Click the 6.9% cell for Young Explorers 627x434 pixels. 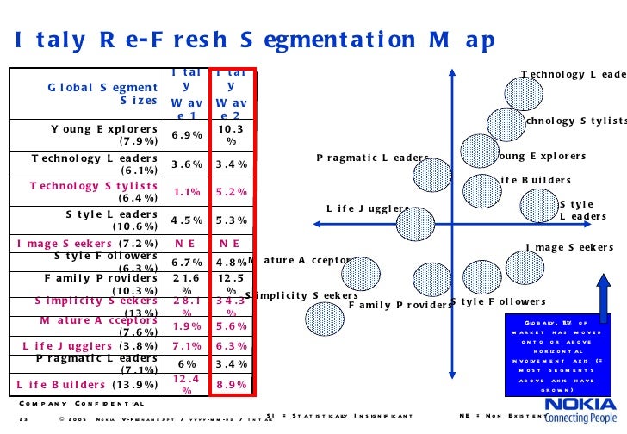pyautogui.click(x=187, y=135)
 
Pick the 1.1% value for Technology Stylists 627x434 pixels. pyautogui.click(x=187, y=192)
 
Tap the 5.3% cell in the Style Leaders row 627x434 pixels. pyautogui.click(x=232, y=220)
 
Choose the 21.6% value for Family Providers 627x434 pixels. pyautogui.click(x=187, y=285)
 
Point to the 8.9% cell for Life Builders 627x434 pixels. pyautogui.click(x=232, y=385)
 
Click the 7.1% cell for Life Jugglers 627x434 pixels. pyautogui.click(x=187, y=346)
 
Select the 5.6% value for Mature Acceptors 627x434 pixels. pyautogui.click(x=232, y=326)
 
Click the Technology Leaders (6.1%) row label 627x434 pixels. pyautogui.click(x=95, y=164)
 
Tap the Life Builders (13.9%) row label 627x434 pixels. pyautogui.click(x=86, y=385)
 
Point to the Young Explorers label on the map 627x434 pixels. pyautogui.click(x=541, y=157)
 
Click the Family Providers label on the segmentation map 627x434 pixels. pyautogui.click(x=396, y=305)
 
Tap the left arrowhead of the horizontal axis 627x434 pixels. pyautogui.click(x=318, y=223)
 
